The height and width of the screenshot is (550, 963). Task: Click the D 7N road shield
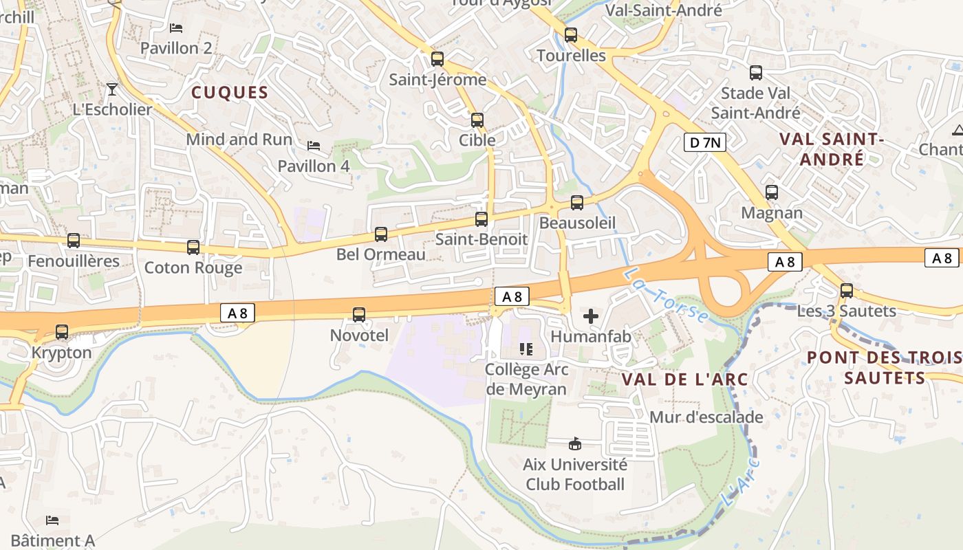705,143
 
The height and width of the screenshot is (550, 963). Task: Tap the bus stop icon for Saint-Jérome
437,59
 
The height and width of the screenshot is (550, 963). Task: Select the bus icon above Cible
477,120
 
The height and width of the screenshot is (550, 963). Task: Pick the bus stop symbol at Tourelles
571,35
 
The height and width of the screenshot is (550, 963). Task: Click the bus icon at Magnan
772,192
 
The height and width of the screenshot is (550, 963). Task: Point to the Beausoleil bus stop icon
577,203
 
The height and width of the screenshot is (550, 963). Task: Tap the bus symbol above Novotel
359,315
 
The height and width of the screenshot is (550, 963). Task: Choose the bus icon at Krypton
62,332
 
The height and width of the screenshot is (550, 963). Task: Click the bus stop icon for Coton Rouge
193,247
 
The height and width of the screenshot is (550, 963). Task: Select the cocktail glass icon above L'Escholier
112,89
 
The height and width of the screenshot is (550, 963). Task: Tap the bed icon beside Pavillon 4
314,146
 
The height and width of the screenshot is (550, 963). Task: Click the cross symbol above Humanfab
591,316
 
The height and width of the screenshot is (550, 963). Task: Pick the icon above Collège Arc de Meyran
527,349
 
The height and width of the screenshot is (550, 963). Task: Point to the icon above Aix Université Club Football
575,443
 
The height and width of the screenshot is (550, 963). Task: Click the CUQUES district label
230,93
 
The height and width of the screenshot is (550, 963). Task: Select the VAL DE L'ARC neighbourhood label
684,379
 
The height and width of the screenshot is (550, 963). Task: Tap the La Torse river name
666,295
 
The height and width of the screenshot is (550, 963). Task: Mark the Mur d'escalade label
706,417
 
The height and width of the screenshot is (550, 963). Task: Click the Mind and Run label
239,140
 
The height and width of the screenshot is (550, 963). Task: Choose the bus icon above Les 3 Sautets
847,291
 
